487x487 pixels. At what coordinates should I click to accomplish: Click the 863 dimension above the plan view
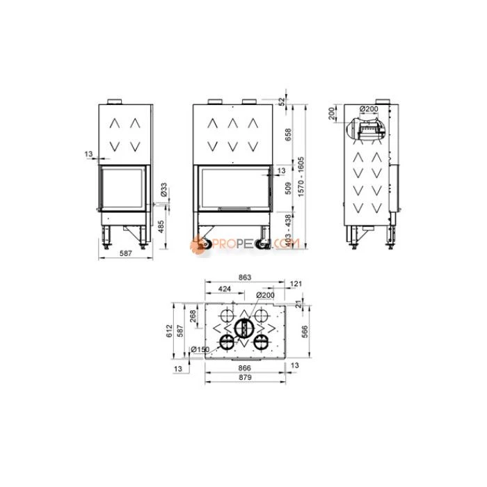[244, 278]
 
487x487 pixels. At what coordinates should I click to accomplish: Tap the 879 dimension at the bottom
[244, 378]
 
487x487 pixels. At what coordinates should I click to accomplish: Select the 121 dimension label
[297, 283]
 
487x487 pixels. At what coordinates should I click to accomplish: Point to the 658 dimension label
[289, 133]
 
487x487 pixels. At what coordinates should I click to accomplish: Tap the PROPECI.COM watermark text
[247, 244]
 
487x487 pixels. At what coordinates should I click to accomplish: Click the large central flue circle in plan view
[243, 328]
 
